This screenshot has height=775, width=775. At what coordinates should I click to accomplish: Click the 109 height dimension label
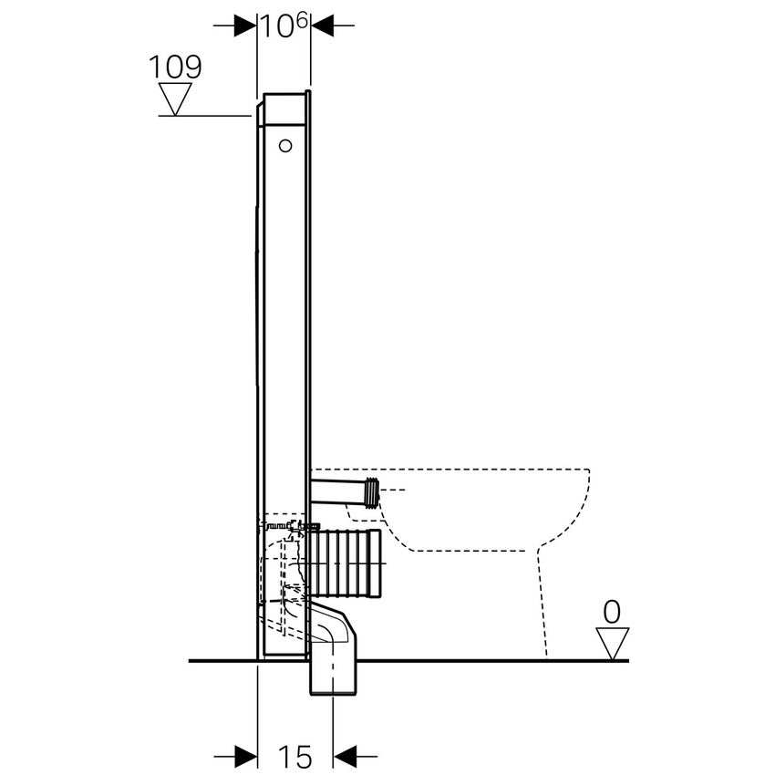coord(176,66)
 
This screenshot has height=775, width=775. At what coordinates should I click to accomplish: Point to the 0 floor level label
coord(613,612)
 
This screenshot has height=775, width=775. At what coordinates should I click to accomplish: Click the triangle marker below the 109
coord(175,98)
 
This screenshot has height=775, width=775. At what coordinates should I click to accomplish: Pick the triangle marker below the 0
coord(613,642)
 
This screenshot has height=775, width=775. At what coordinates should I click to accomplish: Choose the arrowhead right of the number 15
coord(345,755)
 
